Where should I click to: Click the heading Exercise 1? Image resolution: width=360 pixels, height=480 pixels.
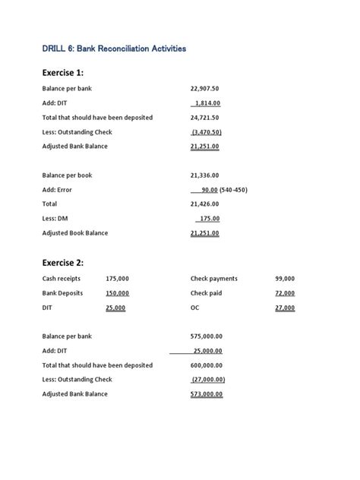point(63,73)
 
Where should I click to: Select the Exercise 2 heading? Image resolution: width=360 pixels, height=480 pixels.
point(63,263)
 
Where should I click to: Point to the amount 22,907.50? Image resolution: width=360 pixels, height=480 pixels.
point(204,88)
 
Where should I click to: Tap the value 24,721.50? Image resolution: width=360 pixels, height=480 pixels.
point(204,117)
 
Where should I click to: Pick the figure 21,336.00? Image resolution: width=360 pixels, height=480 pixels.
point(204,175)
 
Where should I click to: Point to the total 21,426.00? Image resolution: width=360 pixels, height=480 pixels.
point(204,204)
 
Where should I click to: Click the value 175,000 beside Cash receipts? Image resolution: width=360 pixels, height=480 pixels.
point(117,279)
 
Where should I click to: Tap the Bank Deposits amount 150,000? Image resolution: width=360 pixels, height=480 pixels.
point(117,293)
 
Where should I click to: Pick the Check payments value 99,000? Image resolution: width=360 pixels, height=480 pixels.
point(285,279)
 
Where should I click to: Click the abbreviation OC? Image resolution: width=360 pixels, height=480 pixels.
point(195,308)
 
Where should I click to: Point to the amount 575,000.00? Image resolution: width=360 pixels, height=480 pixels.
point(206,336)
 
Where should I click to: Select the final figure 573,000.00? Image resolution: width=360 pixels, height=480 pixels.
point(206,394)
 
